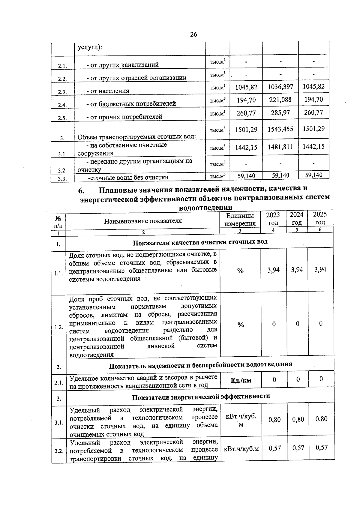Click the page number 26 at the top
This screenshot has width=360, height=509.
tap(193, 34)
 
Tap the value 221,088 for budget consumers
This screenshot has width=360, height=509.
tap(280, 100)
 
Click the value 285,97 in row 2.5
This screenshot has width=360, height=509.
tap(280, 113)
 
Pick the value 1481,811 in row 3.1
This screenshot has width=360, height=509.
tap(280, 147)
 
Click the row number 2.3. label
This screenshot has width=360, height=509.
tap(62, 92)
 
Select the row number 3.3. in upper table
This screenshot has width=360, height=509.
tap(62, 179)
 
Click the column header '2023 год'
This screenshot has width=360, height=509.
tap(273, 219)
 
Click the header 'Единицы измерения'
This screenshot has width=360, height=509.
tap(240, 220)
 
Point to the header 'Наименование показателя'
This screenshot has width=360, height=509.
tap(143, 221)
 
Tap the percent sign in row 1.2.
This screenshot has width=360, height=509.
tap(241, 325)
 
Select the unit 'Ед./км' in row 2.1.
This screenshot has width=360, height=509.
tap(241, 380)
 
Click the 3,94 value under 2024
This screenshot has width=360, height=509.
tap(297, 270)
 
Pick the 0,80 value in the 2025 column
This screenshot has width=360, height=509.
tap(321, 419)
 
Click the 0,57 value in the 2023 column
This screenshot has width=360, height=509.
tap(275, 448)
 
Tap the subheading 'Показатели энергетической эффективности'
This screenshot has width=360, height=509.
tap(201, 397)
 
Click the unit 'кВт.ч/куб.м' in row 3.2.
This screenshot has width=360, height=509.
tap(241, 449)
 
